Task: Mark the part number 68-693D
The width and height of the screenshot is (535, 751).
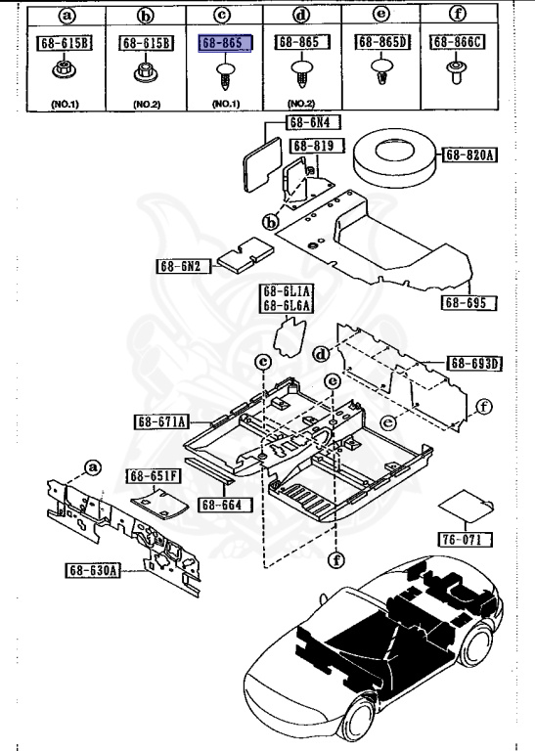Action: pos(474,364)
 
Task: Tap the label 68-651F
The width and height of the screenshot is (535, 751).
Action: pos(154,475)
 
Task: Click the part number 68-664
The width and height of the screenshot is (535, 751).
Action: pos(224,505)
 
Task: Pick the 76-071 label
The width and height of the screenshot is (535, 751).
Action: pos(465,539)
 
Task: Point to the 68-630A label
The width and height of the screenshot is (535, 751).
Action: pos(95,570)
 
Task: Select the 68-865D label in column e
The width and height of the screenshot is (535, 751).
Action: pos(382,43)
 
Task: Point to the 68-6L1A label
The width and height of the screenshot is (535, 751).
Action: pos(286,291)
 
